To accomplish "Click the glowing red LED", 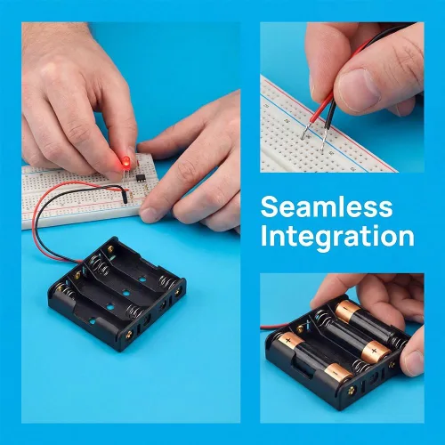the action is [126, 161].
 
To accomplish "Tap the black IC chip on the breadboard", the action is [141, 177].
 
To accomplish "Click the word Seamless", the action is [327, 206].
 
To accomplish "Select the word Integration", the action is [337, 237].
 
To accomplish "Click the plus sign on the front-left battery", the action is [287, 340].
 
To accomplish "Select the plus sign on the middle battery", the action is [375, 352].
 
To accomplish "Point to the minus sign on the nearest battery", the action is [336, 372].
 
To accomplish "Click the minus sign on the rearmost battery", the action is [344, 307].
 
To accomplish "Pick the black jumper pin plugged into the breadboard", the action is [125, 197].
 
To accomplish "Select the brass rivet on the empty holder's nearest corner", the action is [129, 335].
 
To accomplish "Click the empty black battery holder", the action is [117, 294].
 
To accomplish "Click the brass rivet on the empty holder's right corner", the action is [178, 292].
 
